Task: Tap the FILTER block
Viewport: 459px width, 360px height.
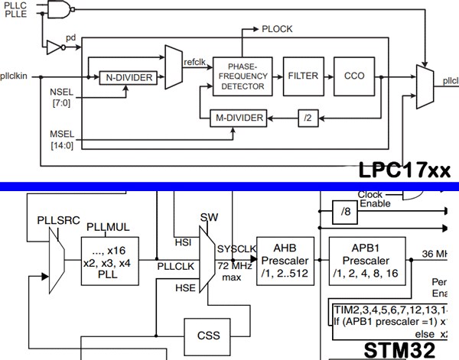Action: click(304, 76)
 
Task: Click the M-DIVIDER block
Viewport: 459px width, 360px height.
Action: click(239, 118)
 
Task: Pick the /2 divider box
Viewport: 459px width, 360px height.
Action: click(308, 118)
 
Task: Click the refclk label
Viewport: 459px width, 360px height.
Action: click(196, 63)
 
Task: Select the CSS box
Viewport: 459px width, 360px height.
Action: click(207, 334)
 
